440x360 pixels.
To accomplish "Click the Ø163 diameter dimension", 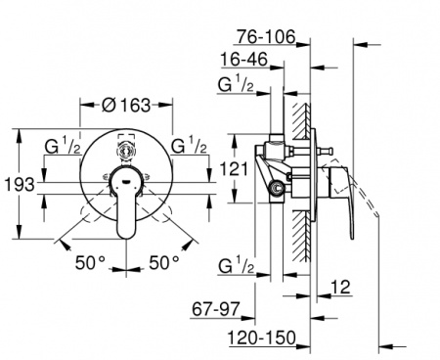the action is coord(126,106).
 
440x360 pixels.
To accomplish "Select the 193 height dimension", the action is coord(20,185).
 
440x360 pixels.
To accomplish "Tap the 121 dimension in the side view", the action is coord(234,169).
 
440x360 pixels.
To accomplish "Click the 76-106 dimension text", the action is coord(266,36).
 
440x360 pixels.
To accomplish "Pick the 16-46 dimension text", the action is coord(243,60).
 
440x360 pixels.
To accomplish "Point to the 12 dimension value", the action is coord(340,287).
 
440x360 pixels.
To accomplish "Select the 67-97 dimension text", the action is coord(216,309).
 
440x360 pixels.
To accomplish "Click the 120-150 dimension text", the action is coord(262,337).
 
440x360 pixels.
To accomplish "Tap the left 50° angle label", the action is coord(90,262).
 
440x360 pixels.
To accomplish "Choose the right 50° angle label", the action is coord(164,262).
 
